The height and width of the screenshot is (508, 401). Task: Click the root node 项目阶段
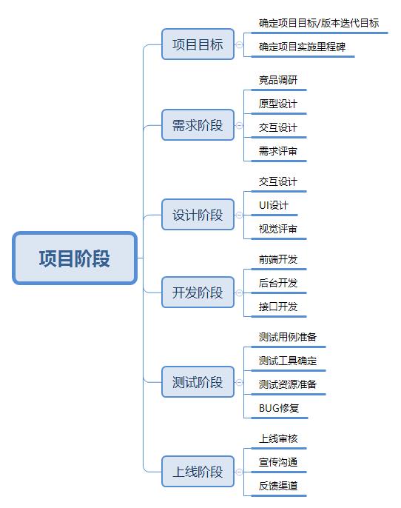pos(75,258)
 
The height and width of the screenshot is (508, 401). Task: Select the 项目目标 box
pos(198,44)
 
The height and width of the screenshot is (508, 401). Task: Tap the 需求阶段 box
pos(198,125)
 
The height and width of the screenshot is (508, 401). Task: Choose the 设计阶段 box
pos(198,215)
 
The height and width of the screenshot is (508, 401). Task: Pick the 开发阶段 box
pos(198,293)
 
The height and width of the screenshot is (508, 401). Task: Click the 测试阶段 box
pos(198,382)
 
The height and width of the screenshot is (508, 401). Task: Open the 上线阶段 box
pos(198,472)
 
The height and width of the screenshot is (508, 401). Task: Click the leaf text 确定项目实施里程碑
pos(302,47)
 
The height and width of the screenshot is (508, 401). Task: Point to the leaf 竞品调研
pos(278,80)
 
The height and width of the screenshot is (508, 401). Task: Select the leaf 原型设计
pos(278,104)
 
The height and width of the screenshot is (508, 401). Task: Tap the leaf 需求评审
pos(278,151)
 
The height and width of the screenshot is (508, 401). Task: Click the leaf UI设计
pos(274,205)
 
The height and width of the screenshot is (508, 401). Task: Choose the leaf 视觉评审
pos(278,229)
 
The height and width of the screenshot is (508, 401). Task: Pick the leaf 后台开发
pos(278,283)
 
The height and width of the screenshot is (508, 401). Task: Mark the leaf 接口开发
pos(278,307)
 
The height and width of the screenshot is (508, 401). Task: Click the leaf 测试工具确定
pos(288,361)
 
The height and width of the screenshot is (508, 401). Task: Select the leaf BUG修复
pos(279,408)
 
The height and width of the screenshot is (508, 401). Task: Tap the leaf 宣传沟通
pos(278,462)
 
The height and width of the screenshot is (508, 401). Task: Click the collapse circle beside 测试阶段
pos(239,382)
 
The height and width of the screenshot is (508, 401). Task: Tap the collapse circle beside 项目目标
pos(239,44)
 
